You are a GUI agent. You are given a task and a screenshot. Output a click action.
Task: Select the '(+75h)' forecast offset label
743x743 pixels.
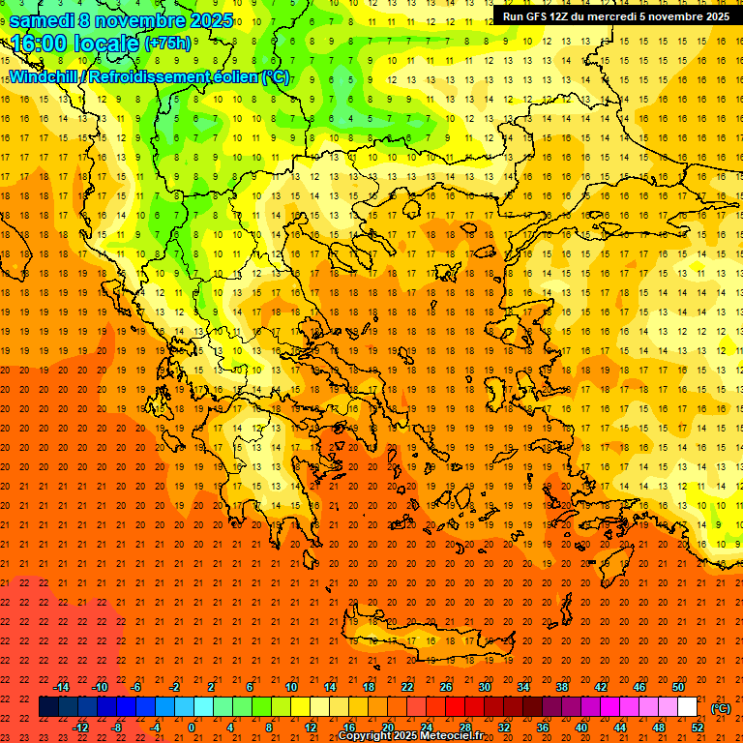tap(167, 44)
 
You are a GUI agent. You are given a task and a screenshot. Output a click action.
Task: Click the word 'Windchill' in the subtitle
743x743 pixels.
tap(46, 76)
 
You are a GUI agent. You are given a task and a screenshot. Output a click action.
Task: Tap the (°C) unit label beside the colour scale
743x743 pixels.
tap(721, 708)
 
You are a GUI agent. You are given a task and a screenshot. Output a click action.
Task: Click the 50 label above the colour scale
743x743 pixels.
tap(677, 687)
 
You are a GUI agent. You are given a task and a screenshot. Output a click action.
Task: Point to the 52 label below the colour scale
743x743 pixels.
tap(697, 728)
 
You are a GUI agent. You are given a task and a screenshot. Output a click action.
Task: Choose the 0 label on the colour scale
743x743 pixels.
tap(192, 728)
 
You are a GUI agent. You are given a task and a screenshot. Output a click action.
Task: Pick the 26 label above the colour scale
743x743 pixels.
tap(446, 687)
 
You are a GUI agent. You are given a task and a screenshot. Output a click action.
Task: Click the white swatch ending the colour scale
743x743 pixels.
tap(687, 707)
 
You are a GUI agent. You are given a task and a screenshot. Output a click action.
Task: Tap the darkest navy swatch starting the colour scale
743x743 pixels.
tap(48, 707)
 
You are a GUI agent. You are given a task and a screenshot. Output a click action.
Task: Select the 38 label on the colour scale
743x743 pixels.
tap(562, 687)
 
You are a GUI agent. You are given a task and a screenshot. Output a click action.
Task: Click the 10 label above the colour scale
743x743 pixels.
tap(291, 687)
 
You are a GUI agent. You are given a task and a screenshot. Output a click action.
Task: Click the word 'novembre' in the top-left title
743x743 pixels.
tap(139, 20)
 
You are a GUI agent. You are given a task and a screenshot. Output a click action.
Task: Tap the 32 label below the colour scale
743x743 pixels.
tap(504, 728)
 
